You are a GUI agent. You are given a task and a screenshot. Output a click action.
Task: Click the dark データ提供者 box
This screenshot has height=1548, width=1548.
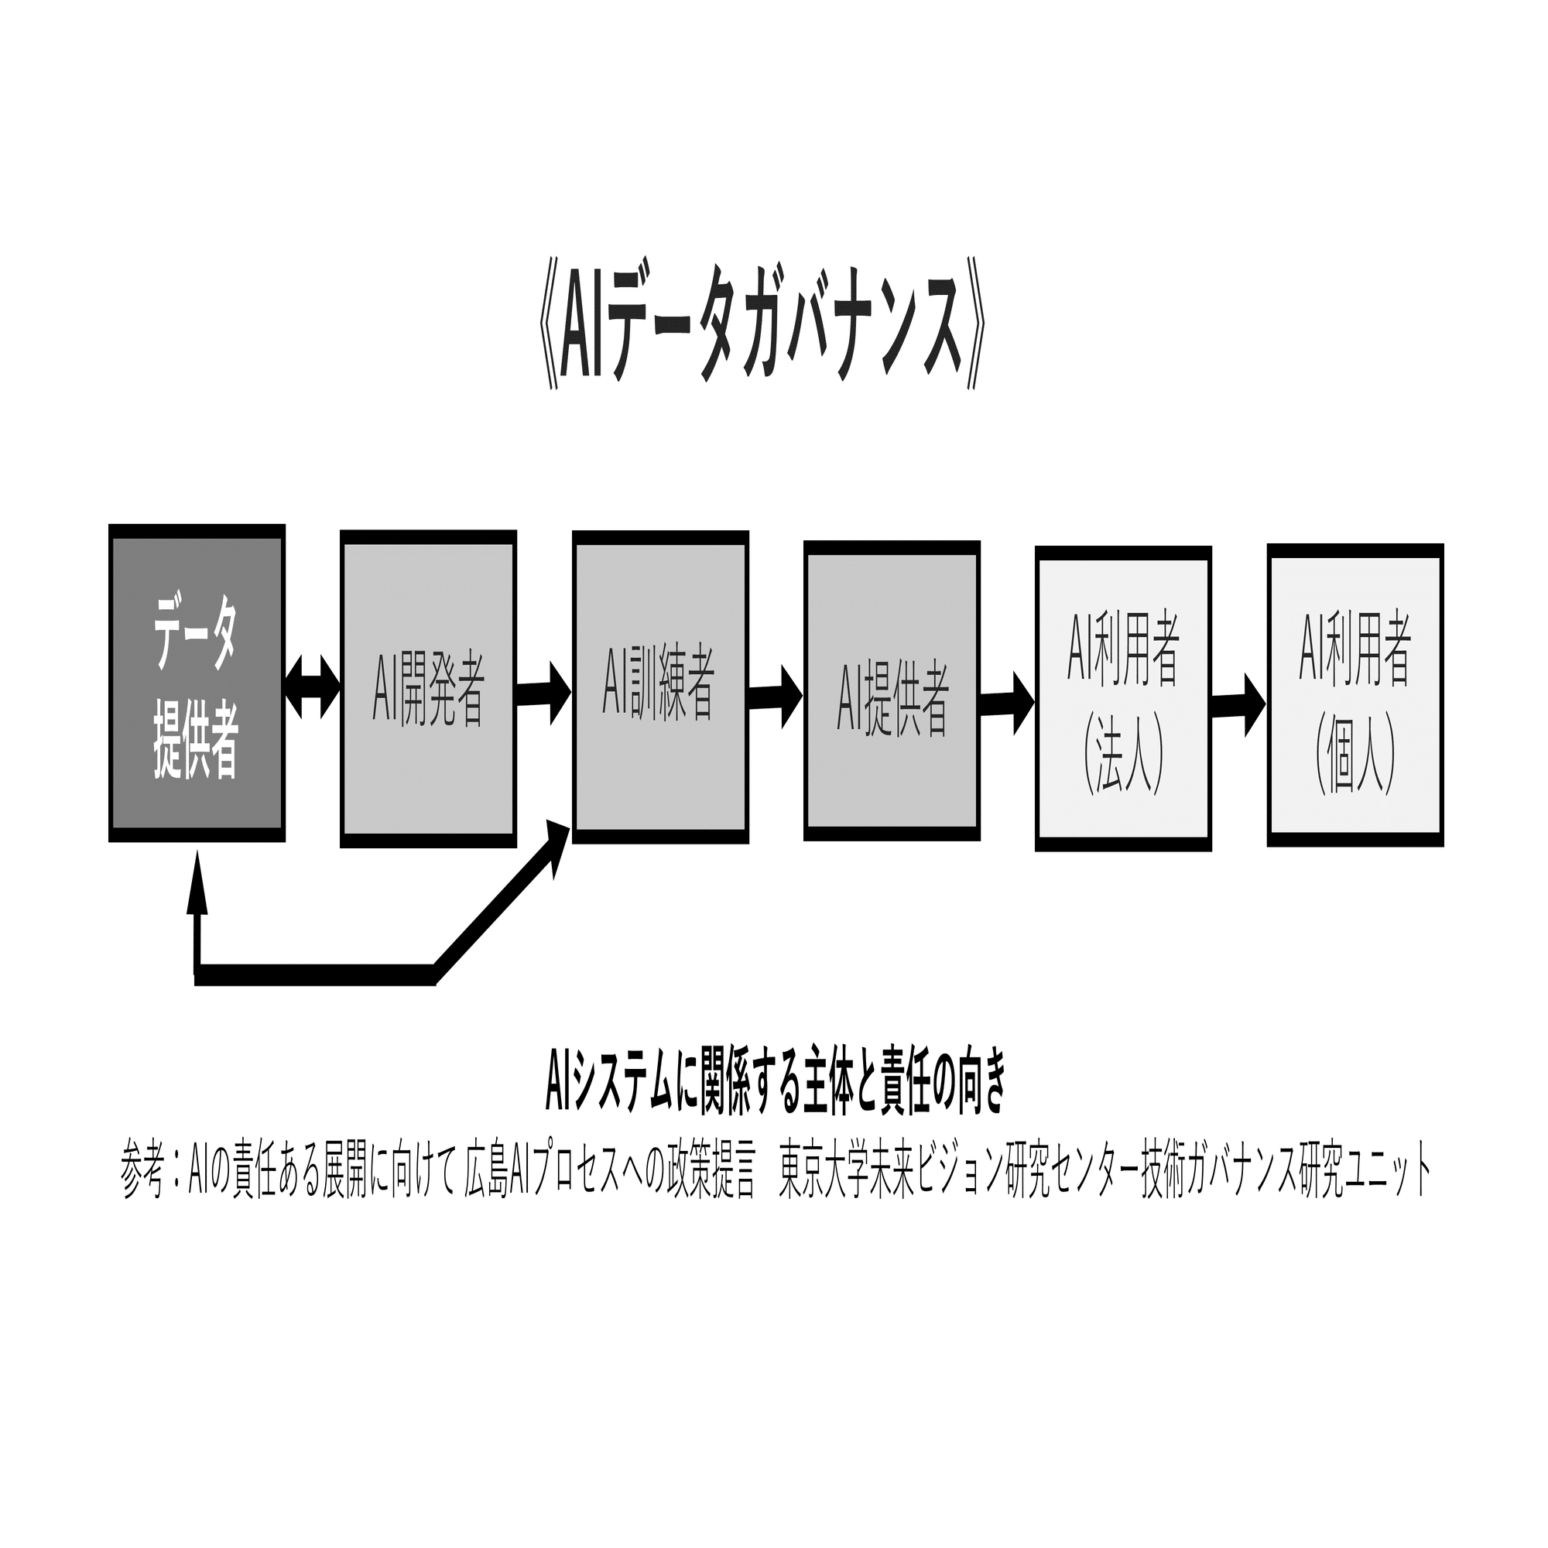pyautogui.click(x=197, y=683)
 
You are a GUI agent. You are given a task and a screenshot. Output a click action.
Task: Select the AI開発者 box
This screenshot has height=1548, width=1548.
pyautogui.click(x=428, y=688)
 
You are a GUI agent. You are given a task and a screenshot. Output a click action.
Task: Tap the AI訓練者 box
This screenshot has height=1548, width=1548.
pyautogui.click(x=660, y=687)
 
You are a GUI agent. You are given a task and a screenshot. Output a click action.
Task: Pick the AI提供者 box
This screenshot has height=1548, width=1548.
pyautogui.click(x=892, y=690)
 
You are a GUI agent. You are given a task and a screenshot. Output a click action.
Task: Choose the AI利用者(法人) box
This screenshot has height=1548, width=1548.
pyautogui.click(x=1122, y=699)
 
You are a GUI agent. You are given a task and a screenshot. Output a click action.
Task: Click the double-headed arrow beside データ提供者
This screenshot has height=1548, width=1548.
pyautogui.click(x=313, y=687)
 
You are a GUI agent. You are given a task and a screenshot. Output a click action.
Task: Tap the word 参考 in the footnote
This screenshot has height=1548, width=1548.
pyautogui.click(x=142, y=1178)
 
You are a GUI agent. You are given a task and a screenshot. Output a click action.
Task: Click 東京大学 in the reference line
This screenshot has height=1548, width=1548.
pyautogui.click(x=824, y=1178)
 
